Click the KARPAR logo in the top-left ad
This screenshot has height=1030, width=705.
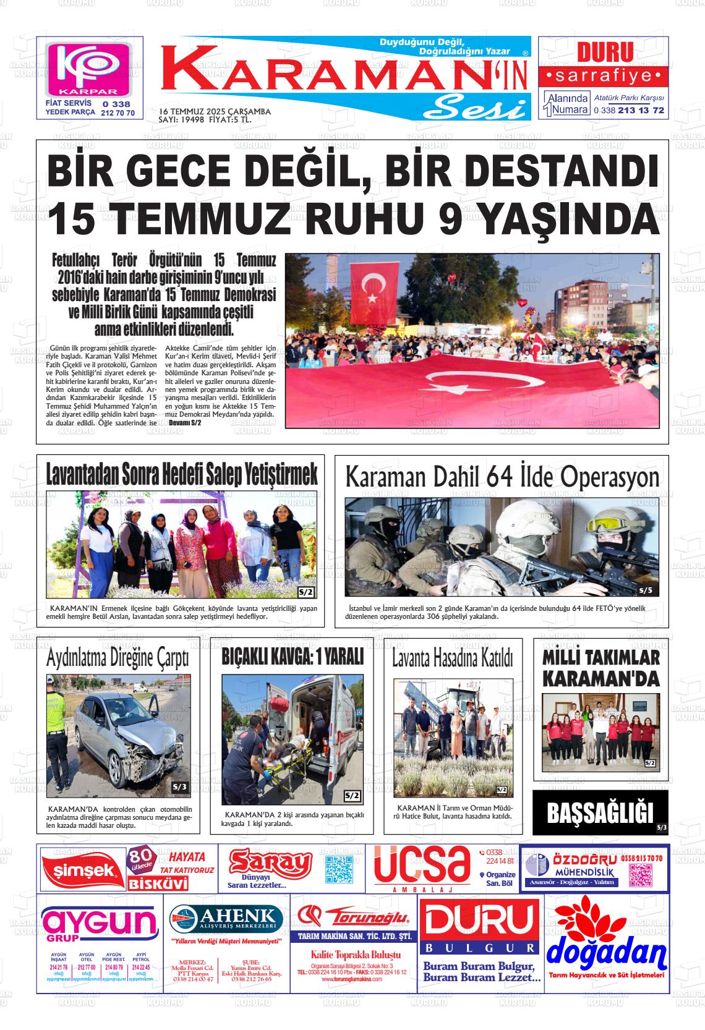(x=90, y=68)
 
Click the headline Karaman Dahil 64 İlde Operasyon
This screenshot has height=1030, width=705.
(x=502, y=477)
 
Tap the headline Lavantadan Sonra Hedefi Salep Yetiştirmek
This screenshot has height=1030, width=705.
(x=182, y=474)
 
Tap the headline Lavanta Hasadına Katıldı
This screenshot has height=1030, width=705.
(x=453, y=659)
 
